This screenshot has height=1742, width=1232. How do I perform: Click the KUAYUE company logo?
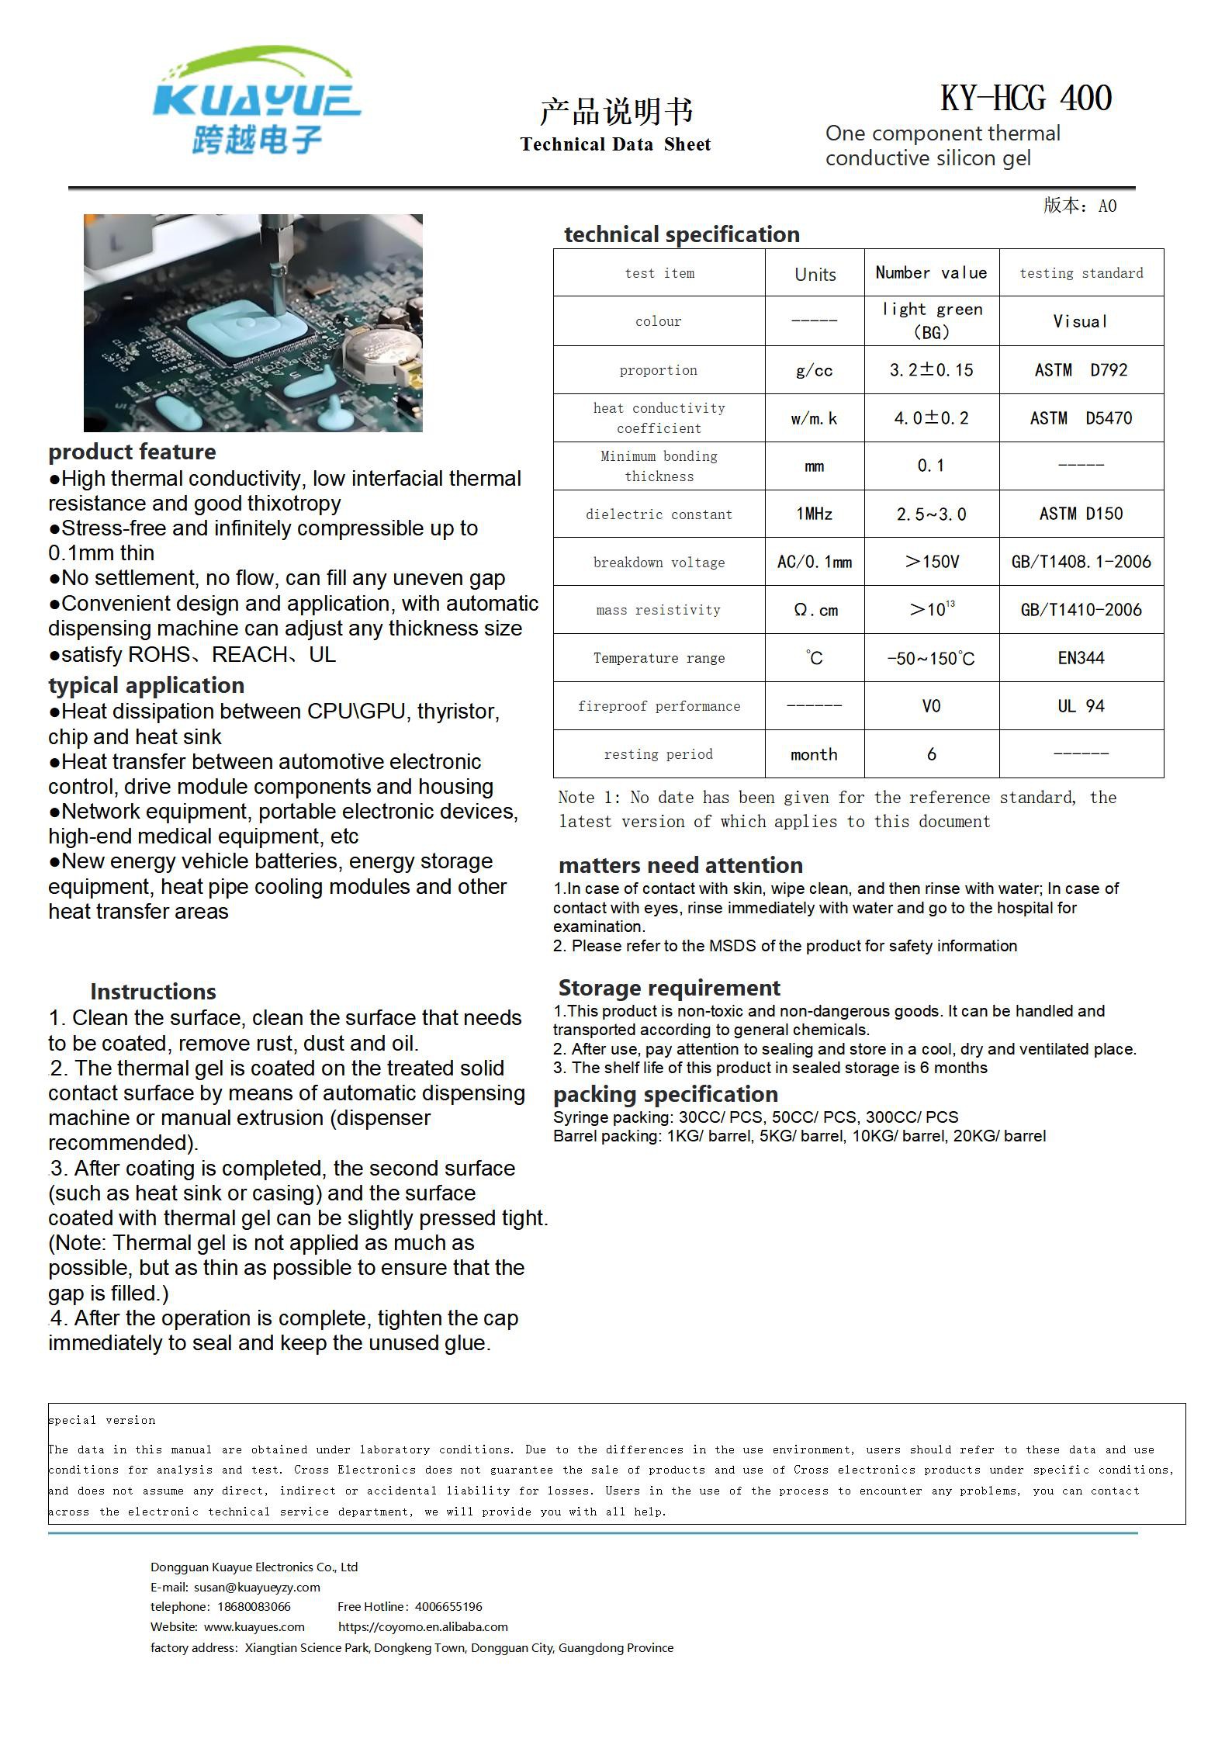[x=256, y=101]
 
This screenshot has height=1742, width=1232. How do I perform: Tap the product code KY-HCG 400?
[x=1026, y=99]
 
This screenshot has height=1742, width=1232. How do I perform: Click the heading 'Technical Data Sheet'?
[x=615, y=144]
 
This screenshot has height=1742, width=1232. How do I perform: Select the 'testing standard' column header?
[x=1081, y=273]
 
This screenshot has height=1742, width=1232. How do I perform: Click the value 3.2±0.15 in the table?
[x=931, y=370]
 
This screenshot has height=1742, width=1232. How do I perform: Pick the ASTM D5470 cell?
[x=1081, y=418]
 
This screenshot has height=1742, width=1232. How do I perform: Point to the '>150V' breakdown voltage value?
[x=931, y=562]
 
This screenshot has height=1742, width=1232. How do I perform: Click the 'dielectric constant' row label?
[x=659, y=514]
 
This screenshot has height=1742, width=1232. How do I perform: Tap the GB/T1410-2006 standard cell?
[x=1081, y=610]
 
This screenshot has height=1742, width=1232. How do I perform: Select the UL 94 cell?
[x=1081, y=706]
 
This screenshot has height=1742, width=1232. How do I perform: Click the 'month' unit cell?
[x=814, y=754]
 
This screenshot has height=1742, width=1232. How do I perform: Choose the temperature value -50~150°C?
[x=931, y=659]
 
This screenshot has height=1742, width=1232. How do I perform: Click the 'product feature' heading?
[x=132, y=452]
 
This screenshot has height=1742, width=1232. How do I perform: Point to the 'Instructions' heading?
[x=153, y=992]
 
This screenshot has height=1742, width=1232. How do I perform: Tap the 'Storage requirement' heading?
[x=669, y=988]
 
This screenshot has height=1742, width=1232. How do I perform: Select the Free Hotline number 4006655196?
[x=448, y=1606]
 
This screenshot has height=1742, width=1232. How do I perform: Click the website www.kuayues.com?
[x=254, y=1626]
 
